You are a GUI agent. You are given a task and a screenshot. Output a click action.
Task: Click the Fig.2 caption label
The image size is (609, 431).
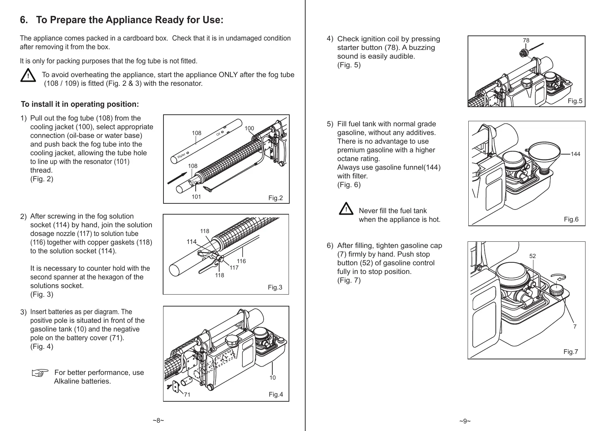[275, 198]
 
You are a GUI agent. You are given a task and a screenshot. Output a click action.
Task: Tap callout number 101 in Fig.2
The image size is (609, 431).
[196, 197]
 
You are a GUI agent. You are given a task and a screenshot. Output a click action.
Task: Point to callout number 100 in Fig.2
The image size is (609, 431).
[249, 128]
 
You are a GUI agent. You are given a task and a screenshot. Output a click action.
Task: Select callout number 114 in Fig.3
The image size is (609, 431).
[191, 242]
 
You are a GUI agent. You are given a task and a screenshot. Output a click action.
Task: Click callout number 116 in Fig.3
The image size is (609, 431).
[241, 261]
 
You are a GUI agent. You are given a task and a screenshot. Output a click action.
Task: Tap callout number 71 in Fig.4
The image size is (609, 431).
[187, 395]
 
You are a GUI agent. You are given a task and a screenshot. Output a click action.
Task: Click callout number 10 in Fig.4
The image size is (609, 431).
[272, 377]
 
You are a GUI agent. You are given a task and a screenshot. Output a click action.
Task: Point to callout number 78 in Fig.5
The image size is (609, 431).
[526, 41]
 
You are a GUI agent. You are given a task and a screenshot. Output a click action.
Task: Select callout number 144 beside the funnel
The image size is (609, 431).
[575, 154]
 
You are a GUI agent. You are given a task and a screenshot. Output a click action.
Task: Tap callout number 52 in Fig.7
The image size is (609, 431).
[533, 256]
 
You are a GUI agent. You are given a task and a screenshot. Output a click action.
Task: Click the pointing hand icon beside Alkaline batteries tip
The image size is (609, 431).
[40, 373]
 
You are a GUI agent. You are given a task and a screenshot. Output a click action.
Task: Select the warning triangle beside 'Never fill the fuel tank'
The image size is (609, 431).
[346, 210]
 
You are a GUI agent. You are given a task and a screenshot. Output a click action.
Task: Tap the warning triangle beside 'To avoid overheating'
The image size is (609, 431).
[27, 76]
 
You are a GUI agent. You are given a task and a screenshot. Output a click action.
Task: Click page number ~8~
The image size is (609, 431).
[158, 421]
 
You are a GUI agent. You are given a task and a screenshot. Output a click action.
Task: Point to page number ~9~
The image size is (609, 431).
[465, 421]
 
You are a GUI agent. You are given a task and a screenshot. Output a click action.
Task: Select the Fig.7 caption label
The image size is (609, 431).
[571, 352]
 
